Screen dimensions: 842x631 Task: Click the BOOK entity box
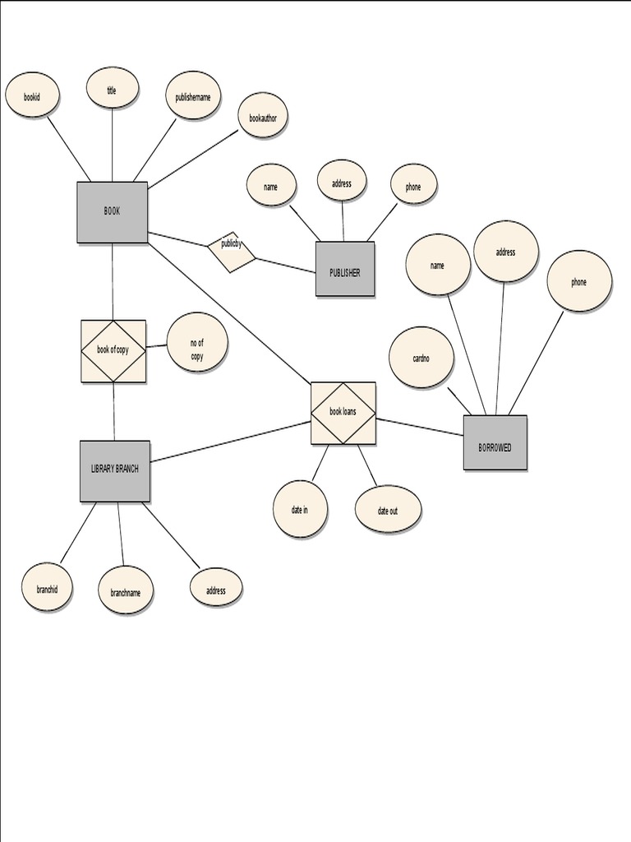coord(113,212)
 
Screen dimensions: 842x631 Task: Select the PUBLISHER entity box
coord(345,269)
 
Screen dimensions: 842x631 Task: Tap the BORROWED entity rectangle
coord(495,443)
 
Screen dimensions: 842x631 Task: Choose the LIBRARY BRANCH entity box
coord(115,470)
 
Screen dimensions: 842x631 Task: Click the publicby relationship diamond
coord(231,251)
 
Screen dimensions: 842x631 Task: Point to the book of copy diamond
coord(113,350)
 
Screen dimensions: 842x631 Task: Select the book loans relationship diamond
coord(343,413)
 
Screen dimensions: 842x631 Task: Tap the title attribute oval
coord(112,89)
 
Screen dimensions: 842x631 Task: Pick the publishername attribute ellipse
coord(193,95)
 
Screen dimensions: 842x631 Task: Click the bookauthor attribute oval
coord(263,118)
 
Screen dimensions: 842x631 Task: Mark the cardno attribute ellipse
coord(421,358)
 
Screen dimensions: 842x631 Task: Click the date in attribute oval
coord(300,510)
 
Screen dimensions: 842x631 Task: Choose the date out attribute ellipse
coord(388,511)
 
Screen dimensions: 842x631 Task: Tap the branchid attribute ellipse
coord(47,587)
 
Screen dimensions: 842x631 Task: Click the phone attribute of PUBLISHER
coord(413,186)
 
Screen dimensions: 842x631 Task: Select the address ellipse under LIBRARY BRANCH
coord(216,589)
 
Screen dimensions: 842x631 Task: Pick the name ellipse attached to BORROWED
coord(438,265)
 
